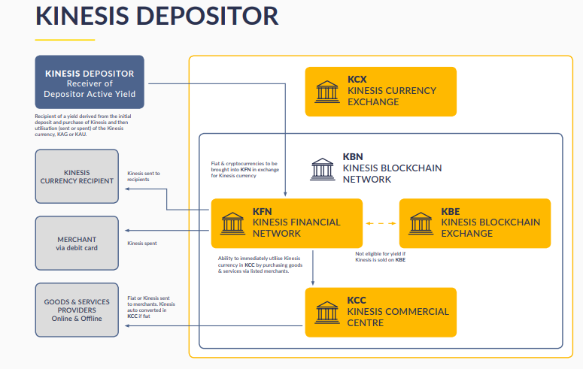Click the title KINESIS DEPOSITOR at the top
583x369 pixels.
(x=156, y=16)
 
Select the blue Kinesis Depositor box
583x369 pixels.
(x=90, y=82)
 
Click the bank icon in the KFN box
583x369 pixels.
(x=233, y=222)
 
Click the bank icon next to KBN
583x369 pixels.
(x=323, y=169)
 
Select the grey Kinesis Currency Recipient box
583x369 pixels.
(x=77, y=176)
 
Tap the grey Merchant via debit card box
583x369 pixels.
(x=77, y=243)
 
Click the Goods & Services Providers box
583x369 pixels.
(x=77, y=310)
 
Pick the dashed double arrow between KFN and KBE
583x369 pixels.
(x=381, y=223)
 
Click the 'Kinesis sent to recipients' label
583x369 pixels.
(x=144, y=177)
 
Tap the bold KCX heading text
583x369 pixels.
(x=357, y=79)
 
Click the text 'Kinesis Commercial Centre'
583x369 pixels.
(x=398, y=317)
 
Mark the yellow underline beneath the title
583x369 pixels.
(x=65, y=39)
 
